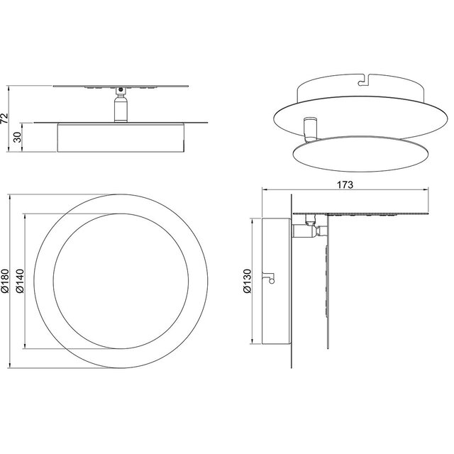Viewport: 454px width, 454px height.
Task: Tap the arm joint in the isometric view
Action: [x=309, y=128]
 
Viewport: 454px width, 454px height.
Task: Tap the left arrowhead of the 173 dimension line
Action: [x=265, y=189]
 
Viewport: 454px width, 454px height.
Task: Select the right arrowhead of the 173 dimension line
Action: [x=428, y=189]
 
